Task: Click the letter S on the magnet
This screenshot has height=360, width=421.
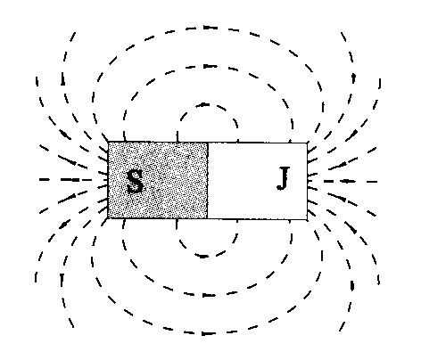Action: [x=135, y=182]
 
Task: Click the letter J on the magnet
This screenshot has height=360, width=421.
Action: [x=284, y=178]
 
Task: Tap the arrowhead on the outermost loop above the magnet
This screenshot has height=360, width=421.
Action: [x=210, y=28]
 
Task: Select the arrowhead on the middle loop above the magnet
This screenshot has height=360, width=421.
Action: [x=210, y=66]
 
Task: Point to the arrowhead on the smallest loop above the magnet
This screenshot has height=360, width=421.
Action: [x=203, y=104]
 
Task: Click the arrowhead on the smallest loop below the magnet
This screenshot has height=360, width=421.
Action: [x=203, y=256]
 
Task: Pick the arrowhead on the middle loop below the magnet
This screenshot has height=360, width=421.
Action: [x=208, y=295]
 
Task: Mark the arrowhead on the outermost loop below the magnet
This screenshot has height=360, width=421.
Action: [x=208, y=333]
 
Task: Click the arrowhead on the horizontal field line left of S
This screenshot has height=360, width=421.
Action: [x=74, y=180]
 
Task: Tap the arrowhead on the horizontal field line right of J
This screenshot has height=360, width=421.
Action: [x=347, y=181]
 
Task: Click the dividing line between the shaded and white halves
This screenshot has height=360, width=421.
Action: [x=207, y=181]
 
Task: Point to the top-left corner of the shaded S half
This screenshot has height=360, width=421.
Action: [x=108, y=142]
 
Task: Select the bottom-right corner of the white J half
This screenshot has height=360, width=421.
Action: [x=307, y=219]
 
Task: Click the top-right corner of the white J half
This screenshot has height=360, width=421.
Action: [x=307, y=143]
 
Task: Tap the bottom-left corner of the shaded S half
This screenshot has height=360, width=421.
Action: [x=108, y=218]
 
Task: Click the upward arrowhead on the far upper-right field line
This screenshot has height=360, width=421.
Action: [x=353, y=78]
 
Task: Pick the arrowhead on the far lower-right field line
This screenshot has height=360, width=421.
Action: [x=352, y=285]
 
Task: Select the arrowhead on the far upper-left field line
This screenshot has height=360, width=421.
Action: [x=62, y=79]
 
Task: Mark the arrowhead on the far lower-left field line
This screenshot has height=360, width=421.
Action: [x=62, y=279]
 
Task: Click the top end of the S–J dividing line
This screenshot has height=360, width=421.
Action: [x=207, y=143]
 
